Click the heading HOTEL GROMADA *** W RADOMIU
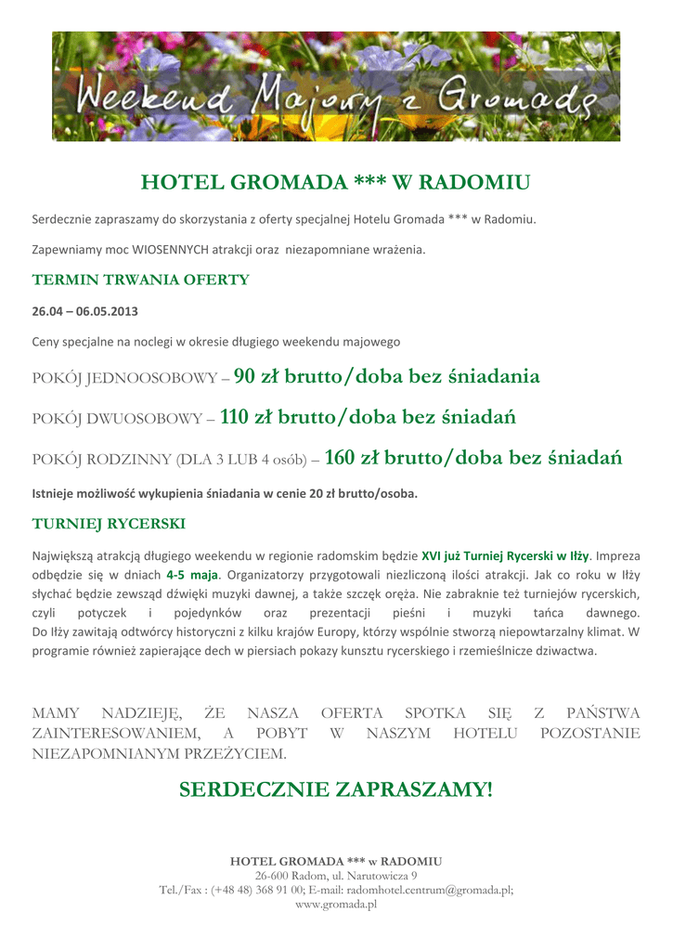335,182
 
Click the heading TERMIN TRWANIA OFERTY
141,280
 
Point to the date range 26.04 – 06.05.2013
85,310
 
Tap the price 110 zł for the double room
249,417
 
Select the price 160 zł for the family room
354,458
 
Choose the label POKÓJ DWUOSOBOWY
117,420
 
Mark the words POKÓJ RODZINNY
102,461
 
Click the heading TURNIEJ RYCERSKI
109,524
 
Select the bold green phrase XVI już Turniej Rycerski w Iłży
505,556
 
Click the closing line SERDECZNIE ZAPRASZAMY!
336,790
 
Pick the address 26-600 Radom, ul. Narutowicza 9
336,876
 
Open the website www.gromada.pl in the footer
336,904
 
